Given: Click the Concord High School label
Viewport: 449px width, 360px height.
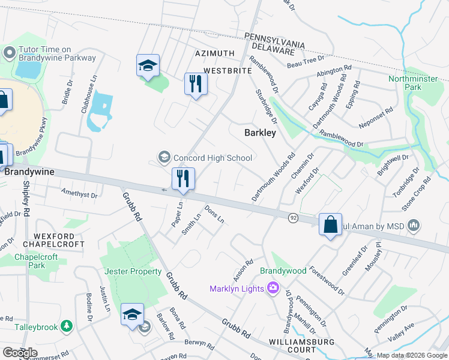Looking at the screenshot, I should point(212,158).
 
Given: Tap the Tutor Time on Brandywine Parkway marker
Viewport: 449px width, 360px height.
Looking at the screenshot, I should point(9,53).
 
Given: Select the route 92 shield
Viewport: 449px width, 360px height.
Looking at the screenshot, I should point(293,217).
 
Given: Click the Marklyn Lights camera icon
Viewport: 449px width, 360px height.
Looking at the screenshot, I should point(273,289).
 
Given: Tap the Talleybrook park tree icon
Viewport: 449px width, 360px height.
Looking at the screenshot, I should point(68,326).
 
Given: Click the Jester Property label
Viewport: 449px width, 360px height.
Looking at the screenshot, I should point(133,271).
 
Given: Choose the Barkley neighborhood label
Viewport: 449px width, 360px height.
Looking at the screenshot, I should point(260,133).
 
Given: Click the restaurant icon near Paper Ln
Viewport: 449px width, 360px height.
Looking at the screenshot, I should point(183,178).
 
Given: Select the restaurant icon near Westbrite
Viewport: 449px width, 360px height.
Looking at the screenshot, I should point(195,83).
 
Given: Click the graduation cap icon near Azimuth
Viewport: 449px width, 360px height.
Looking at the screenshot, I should point(148,66).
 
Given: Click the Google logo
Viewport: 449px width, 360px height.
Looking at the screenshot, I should point(20,353).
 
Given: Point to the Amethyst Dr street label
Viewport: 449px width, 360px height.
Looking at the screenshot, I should point(79,193).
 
